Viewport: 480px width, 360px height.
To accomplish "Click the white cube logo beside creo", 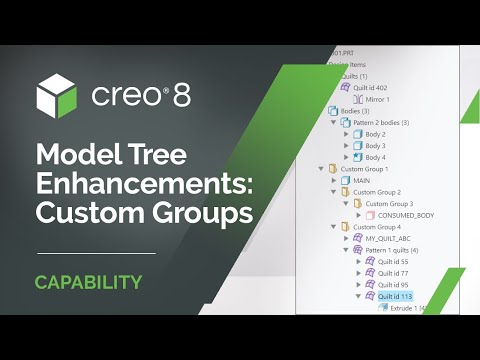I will click(x=57, y=97).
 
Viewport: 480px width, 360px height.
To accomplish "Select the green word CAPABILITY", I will click(x=88, y=282).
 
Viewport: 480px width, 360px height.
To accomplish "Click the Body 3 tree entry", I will click(x=376, y=146).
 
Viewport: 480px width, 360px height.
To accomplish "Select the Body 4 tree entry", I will click(x=376, y=157).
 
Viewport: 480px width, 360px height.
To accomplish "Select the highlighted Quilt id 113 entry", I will click(x=395, y=296).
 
